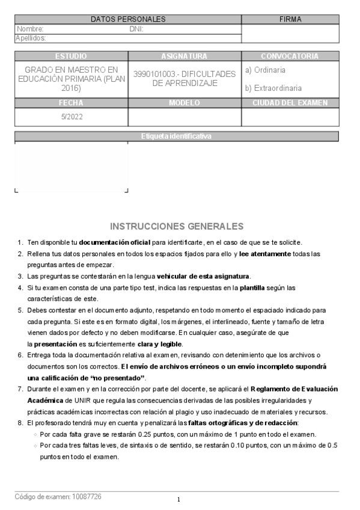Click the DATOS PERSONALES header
127,19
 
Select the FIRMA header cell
290,19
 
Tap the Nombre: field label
30,29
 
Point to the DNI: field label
136,29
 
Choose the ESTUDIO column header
70,56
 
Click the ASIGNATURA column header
184,56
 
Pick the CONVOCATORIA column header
290,56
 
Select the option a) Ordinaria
265,70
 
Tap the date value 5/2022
71,117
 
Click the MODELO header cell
184,103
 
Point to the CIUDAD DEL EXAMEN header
290,103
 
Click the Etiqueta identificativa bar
176,137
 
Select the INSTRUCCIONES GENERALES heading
177,226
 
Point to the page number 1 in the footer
178,500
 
